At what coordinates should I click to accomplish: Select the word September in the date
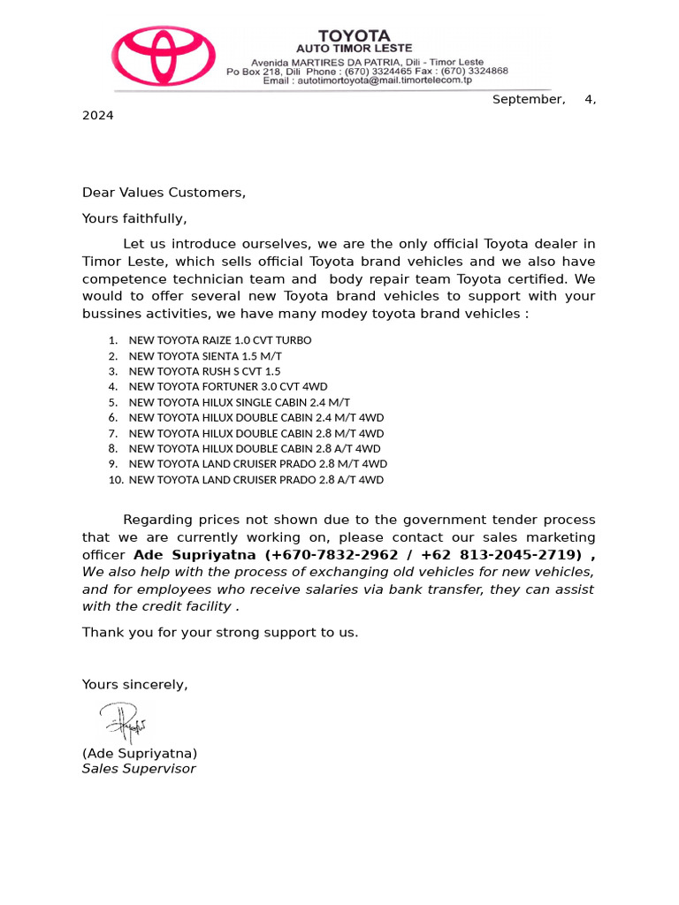pos(529,99)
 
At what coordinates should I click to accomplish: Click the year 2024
pos(98,115)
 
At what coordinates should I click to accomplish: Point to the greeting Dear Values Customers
pos(164,192)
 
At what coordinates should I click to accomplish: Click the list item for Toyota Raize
pos(220,340)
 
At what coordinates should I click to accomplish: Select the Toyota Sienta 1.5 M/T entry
pos(205,356)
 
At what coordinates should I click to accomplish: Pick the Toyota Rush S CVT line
pos(204,371)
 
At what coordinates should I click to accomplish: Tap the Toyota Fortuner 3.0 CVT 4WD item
pos(228,387)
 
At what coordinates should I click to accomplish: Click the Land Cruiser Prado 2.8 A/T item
pos(256,480)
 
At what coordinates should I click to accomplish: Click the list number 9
pos(113,464)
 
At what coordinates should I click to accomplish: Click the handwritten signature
pos(123,722)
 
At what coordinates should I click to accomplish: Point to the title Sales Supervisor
pos(139,769)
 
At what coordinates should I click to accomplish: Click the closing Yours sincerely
pos(135,684)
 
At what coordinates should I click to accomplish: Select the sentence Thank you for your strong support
pos(220,632)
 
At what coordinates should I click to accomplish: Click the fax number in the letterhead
pos(477,71)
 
